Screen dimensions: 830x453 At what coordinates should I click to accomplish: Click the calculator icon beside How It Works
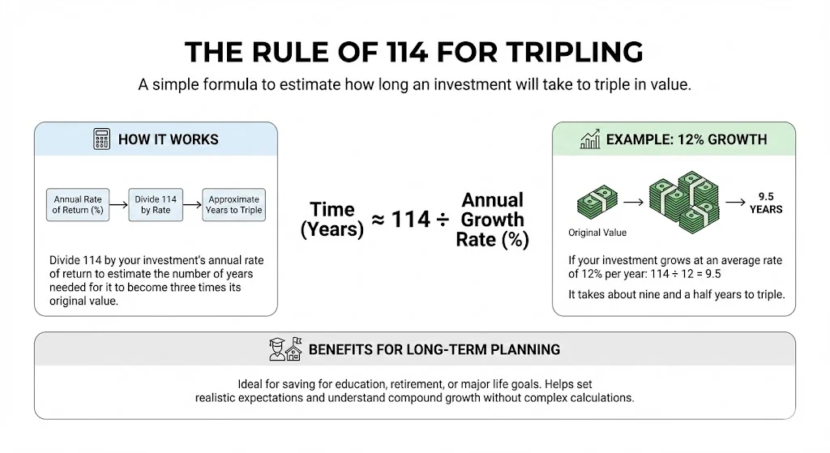click(x=101, y=139)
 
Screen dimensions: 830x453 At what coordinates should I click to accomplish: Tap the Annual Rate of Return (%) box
click(x=78, y=205)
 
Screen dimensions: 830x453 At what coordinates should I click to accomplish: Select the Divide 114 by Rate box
click(x=156, y=205)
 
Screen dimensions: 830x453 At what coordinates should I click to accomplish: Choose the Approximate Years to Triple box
click(x=234, y=205)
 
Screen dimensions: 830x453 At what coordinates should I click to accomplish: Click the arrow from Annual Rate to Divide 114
click(x=118, y=205)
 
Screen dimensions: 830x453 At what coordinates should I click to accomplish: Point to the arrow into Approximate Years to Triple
click(x=193, y=205)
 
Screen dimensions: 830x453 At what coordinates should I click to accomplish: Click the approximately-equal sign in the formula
click(x=378, y=220)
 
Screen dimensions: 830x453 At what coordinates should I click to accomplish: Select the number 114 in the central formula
click(x=411, y=220)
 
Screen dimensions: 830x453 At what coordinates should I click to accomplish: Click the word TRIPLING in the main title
click(x=575, y=52)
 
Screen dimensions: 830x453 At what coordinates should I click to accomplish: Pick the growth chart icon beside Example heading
click(x=590, y=139)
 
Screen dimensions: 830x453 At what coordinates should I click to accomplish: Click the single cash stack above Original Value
click(x=597, y=202)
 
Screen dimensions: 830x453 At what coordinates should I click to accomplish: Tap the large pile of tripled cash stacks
click(x=684, y=202)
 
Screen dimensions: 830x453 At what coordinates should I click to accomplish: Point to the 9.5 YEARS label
click(x=766, y=203)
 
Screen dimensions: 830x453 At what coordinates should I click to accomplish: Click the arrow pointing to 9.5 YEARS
click(x=735, y=202)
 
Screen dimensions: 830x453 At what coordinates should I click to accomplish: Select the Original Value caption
click(x=597, y=233)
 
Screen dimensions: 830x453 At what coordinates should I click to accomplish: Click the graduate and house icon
click(x=285, y=349)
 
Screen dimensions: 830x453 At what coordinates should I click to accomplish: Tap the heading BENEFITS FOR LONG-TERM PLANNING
click(x=434, y=350)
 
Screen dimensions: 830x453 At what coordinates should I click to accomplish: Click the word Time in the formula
click(x=332, y=210)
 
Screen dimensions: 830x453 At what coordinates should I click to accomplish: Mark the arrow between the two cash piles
click(x=633, y=202)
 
